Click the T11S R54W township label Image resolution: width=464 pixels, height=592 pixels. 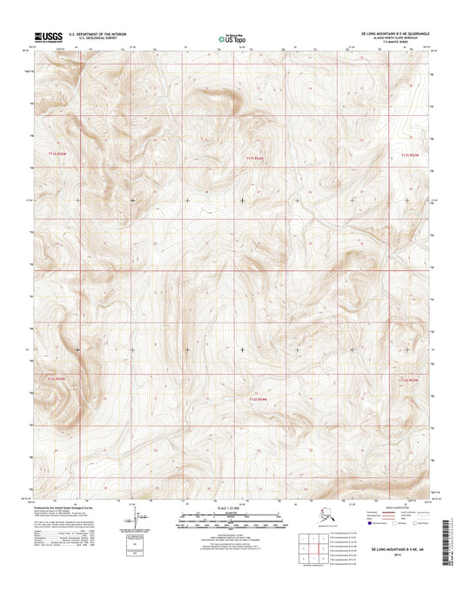(252, 157)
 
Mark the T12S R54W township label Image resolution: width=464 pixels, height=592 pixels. (252, 400)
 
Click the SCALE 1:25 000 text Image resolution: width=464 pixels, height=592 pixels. (232, 508)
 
